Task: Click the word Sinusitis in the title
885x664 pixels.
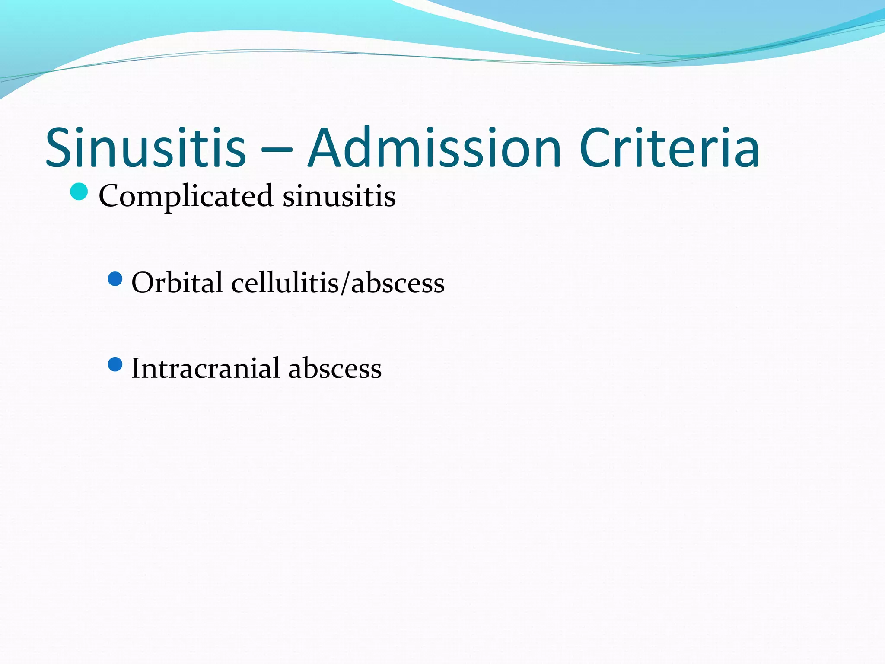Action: pyautogui.click(x=146, y=148)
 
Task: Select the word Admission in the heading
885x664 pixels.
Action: pyautogui.click(x=434, y=148)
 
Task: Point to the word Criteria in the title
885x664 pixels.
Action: pyautogui.click(x=669, y=148)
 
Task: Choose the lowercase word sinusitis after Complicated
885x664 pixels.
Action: pyautogui.click(x=339, y=196)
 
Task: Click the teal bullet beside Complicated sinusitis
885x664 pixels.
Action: pyautogui.click(x=79, y=192)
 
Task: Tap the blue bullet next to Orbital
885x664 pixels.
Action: pyautogui.click(x=115, y=279)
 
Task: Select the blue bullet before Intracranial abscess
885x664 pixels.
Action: pyautogui.click(x=115, y=364)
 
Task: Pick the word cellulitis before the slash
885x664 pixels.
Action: pyautogui.click(x=285, y=283)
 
